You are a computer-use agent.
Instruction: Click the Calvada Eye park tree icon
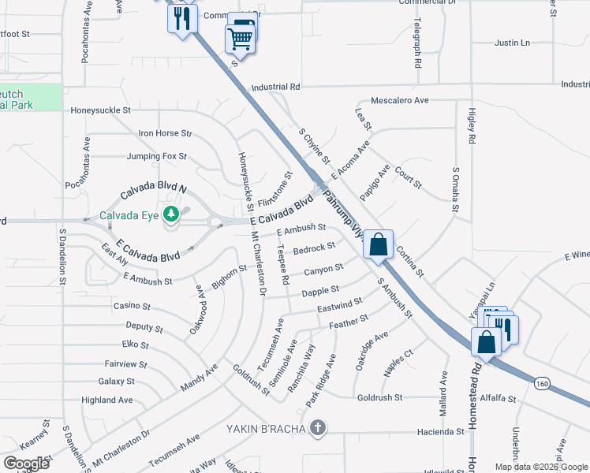pyautogui.click(x=171, y=214)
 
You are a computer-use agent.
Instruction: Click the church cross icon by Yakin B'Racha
pyautogui.click(x=317, y=429)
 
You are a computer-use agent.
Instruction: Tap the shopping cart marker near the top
pyautogui.click(x=241, y=35)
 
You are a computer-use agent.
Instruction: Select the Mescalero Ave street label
pyautogui.click(x=399, y=100)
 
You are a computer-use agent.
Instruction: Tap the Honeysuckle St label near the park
pyautogui.click(x=100, y=110)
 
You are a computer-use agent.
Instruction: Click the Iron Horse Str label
pyautogui.click(x=165, y=134)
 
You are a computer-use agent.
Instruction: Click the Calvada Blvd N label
pyautogui.click(x=154, y=191)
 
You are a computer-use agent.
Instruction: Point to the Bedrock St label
pyautogui.click(x=314, y=248)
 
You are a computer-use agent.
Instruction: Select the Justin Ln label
pyautogui.click(x=512, y=42)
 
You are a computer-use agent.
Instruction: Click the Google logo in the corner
pyautogui.click(x=26, y=464)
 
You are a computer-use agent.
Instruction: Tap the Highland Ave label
pyautogui.click(x=107, y=400)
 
